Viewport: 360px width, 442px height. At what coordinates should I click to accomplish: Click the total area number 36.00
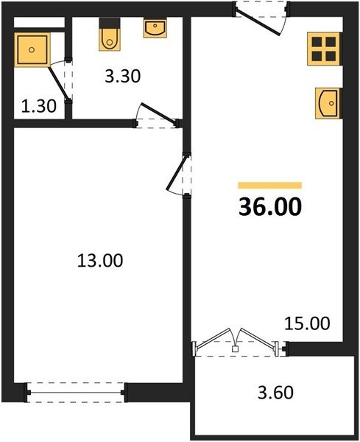[x=270, y=206]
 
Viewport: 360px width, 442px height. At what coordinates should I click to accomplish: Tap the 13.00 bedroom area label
[x=100, y=261]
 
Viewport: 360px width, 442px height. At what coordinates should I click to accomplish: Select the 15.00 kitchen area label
[x=307, y=323]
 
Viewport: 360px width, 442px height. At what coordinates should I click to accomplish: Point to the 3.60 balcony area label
[x=275, y=393]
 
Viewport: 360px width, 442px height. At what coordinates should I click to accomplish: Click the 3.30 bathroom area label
[x=122, y=76]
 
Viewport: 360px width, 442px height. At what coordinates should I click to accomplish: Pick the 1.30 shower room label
[x=39, y=106]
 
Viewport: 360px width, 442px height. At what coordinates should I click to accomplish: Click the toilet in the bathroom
[x=110, y=35]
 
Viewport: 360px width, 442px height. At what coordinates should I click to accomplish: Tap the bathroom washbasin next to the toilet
[x=155, y=28]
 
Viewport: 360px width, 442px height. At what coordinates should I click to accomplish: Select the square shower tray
[x=32, y=50]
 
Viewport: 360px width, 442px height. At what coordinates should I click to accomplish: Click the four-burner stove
[x=324, y=49]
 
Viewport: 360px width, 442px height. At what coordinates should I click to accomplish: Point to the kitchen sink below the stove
[x=328, y=103]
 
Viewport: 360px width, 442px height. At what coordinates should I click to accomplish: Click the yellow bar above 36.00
[x=270, y=185]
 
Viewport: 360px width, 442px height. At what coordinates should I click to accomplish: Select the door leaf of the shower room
[x=58, y=83]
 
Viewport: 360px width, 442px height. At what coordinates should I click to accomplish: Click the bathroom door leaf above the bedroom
[x=158, y=113]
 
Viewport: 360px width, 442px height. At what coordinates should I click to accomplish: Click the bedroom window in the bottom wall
[x=76, y=393]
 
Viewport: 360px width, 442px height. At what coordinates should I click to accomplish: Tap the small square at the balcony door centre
[x=235, y=349]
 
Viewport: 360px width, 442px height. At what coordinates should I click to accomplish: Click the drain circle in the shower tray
[x=32, y=50]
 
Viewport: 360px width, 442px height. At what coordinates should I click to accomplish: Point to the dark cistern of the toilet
[x=110, y=23]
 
